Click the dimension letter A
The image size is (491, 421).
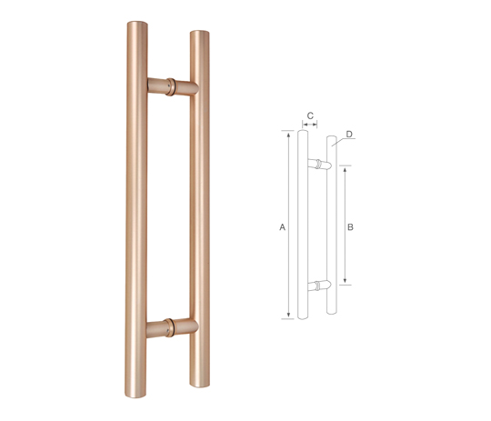click(x=283, y=227)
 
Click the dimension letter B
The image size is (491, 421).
click(x=350, y=227)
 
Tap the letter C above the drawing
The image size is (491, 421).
click(x=310, y=115)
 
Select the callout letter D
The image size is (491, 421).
click(x=349, y=135)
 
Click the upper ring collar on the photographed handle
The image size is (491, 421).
click(x=170, y=86)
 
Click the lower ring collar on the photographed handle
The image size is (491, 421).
click(x=169, y=327)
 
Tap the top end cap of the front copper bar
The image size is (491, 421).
click(x=137, y=25)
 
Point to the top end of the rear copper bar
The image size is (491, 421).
click(x=200, y=33)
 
